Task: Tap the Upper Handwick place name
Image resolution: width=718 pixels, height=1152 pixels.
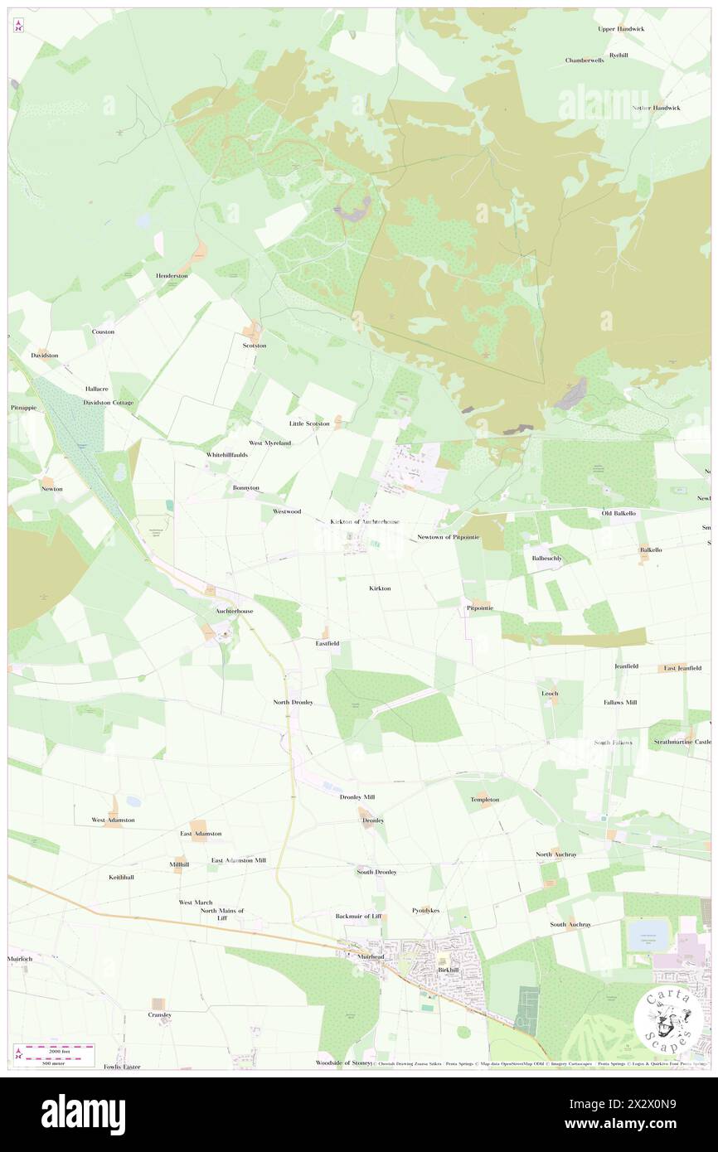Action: point(621,29)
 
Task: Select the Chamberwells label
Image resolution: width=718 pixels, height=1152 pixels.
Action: point(585,61)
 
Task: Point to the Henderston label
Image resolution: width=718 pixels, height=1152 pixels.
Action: point(172,275)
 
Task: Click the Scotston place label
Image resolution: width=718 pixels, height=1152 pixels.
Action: point(254,345)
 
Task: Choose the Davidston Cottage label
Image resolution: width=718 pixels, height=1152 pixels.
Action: point(108,402)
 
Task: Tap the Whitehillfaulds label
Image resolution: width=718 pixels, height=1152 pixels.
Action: point(226,455)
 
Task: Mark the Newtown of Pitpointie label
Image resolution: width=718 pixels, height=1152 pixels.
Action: point(448,537)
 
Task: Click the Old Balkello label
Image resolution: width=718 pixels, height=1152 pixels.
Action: point(618,514)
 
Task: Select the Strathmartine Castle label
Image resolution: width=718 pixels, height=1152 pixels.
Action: point(682,742)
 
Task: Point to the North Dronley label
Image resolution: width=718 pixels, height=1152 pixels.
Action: point(293,702)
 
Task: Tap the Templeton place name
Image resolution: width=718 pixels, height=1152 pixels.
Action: point(484,800)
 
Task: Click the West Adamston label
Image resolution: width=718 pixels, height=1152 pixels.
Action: point(113,820)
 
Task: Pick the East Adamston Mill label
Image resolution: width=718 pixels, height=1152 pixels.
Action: point(238,860)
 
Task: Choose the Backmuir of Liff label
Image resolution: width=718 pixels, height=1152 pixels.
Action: point(358,916)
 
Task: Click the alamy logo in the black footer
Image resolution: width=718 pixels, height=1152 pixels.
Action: point(83,1114)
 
